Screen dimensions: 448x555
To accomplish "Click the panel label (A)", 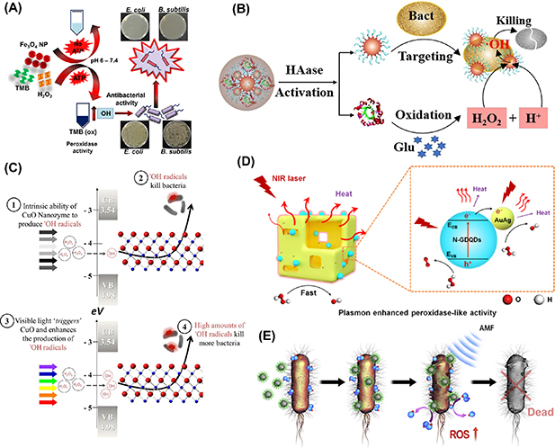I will point(20,12).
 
